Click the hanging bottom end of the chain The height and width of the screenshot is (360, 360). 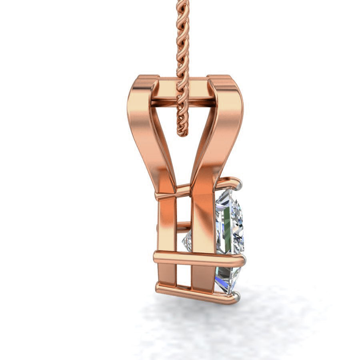[182, 132]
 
